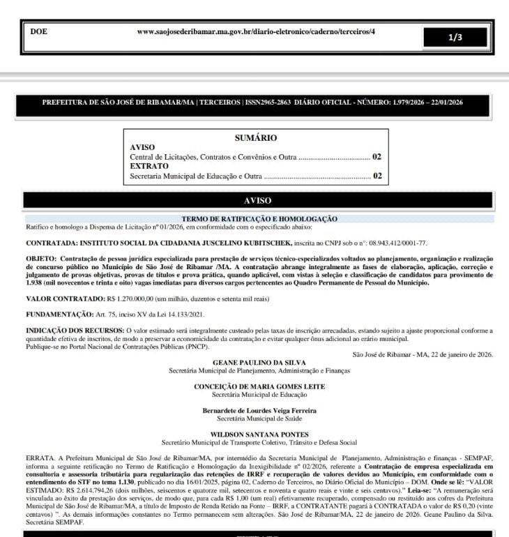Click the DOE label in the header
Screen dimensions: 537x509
tap(39, 32)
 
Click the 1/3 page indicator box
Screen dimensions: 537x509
tap(455, 38)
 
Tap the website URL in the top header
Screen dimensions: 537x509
tap(256, 32)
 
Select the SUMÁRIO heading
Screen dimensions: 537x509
tap(256, 138)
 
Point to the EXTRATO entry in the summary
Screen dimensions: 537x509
tap(149, 167)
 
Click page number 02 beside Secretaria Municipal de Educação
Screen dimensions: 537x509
tap(377, 176)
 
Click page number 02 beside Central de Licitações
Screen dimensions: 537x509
tap(377, 158)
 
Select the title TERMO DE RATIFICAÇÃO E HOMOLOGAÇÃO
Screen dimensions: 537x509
tap(259, 219)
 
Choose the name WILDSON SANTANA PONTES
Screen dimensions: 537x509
tap(259, 434)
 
